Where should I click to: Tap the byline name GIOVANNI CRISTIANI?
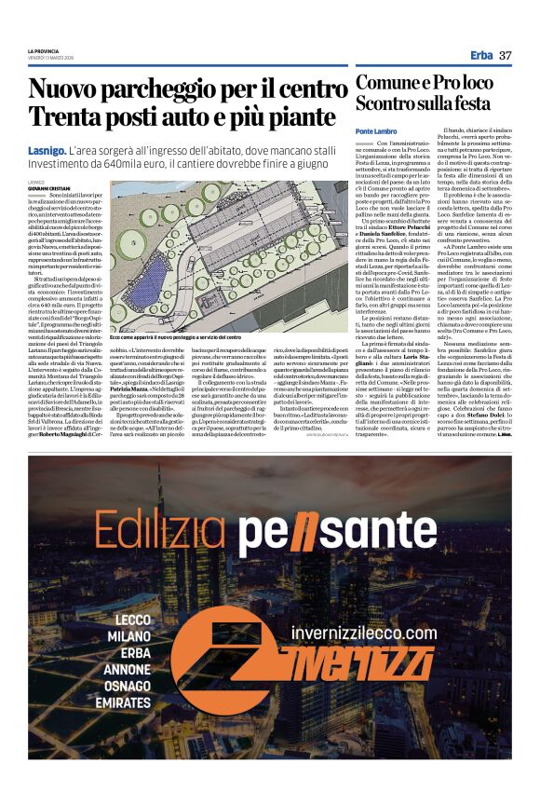(48, 186)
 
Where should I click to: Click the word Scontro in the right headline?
(390, 104)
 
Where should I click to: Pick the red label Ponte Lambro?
(376, 130)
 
